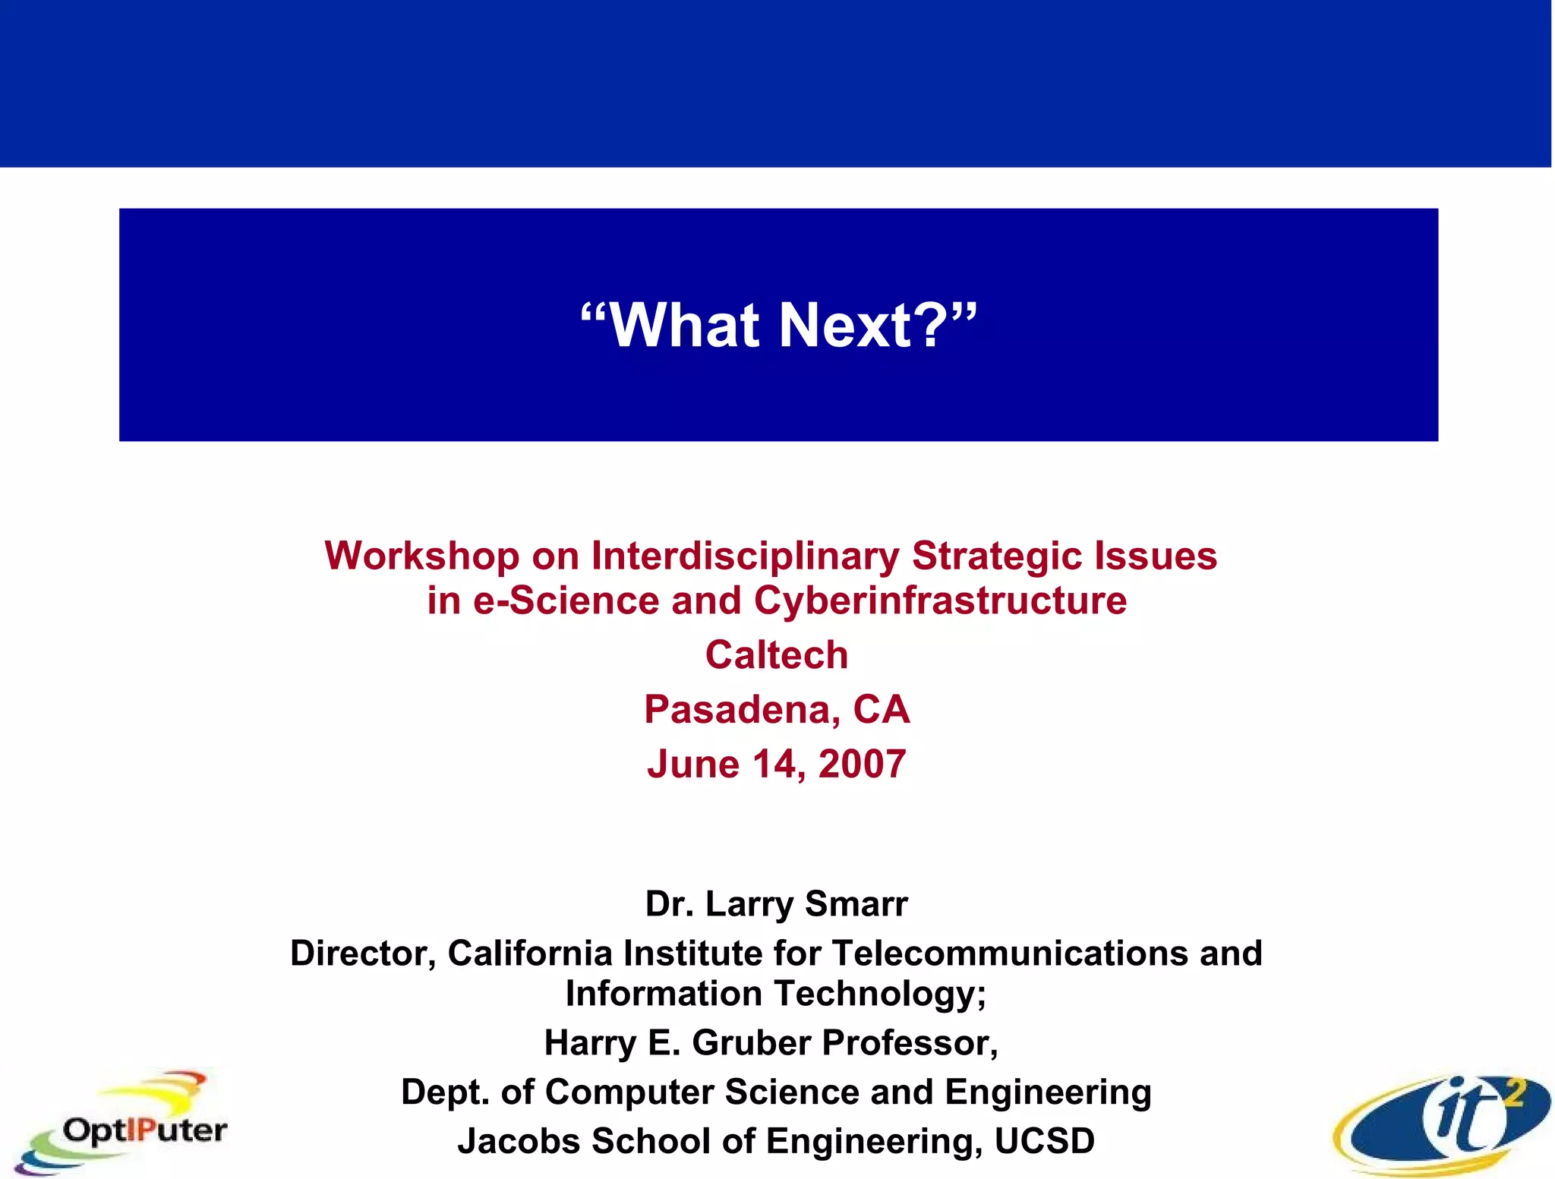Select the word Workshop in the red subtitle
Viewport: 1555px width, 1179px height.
pos(421,556)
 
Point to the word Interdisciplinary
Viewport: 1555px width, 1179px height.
pos(745,556)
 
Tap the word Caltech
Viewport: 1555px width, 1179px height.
pos(776,655)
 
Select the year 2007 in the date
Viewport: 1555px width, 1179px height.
pos(862,764)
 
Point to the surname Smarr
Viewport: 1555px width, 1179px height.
pos(856,904)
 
